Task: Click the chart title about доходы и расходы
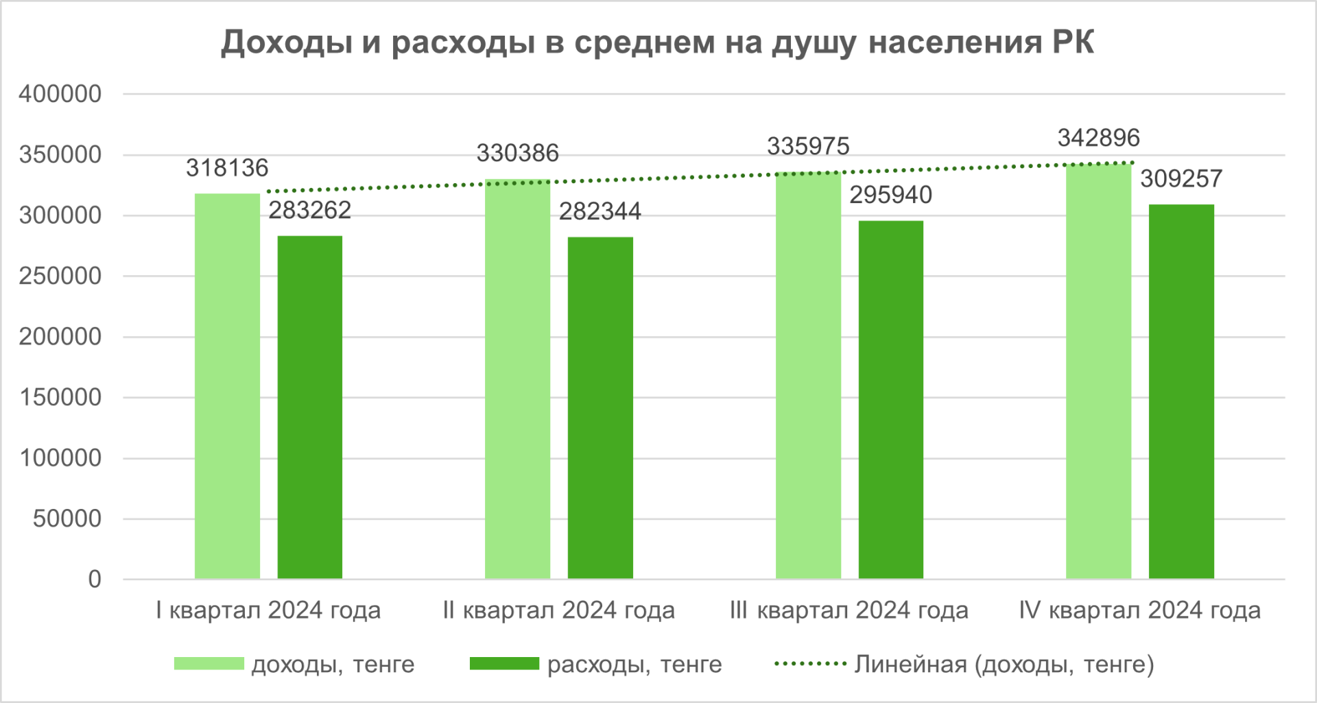[657, 43]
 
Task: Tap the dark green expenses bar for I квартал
[310, 407]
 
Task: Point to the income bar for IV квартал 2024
[1098, 371]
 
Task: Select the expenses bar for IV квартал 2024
[1181, 392]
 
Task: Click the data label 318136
[227, 168]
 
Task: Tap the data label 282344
[600, 211]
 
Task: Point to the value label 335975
[808, 146]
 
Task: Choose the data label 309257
[1181, 179]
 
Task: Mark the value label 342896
[1098, 138]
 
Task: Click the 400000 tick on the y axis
[60, 94]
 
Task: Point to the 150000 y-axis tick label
[60, 397]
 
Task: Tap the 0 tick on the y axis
[95, 580]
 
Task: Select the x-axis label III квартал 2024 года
[849, 610]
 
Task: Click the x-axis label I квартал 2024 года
[268, 610]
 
